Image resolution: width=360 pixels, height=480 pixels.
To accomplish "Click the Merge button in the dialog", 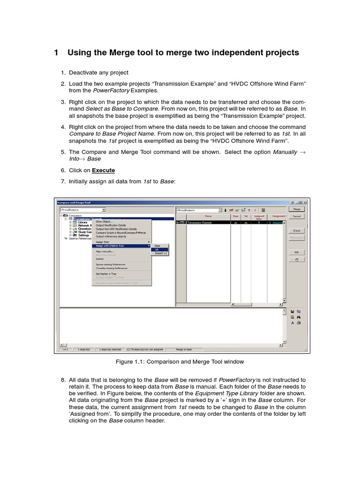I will click(296, 209).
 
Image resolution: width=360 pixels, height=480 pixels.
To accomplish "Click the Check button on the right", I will click(296, 231).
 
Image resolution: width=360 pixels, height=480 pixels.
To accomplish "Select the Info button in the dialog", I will click(296, 252).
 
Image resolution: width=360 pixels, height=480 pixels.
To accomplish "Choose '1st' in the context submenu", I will click(157, 249).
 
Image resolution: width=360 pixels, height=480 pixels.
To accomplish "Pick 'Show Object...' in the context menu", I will click(105, 222).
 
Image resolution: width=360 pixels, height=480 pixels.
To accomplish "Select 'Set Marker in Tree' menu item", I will click(105, 274).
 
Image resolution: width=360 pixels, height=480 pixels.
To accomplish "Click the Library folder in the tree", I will click(82, 222).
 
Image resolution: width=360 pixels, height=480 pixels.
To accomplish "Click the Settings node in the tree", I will click(83, 235).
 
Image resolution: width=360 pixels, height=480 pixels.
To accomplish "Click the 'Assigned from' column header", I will click(258, 217).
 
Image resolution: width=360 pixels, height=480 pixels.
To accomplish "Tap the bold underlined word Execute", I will click(103, 170).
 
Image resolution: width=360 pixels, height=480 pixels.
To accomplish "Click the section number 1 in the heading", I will click(56, 52).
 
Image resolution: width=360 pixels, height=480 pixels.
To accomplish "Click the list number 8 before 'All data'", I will click(63, 380).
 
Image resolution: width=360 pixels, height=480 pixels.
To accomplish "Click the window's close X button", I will click(305, 202).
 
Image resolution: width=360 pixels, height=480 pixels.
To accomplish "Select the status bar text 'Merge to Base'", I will click(184, 350).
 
